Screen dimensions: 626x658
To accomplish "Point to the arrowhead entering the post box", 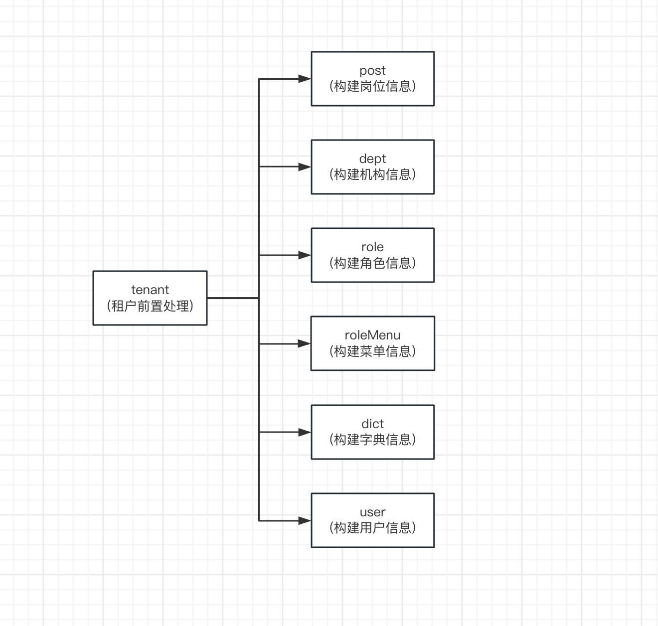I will pos(305,79).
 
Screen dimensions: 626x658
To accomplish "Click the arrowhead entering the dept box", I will pos(305,167).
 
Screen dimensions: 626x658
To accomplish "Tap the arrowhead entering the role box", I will pos(305,255).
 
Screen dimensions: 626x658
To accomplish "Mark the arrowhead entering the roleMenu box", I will pos(304,344).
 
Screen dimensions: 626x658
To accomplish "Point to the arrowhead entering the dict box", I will pos(305,432).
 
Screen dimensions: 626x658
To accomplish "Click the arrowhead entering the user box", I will pos(305,520).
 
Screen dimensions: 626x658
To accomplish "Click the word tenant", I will pos(150,290).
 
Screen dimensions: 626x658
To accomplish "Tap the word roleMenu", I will pos(372,335).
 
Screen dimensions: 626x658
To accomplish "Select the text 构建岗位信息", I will pos(372,86).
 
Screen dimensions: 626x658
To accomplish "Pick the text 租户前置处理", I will pos(150,306).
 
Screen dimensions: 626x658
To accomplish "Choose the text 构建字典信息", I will pos(372,440).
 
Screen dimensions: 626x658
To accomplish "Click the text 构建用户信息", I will pos(372,528).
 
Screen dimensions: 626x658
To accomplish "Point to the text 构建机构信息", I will pos(372,174).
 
